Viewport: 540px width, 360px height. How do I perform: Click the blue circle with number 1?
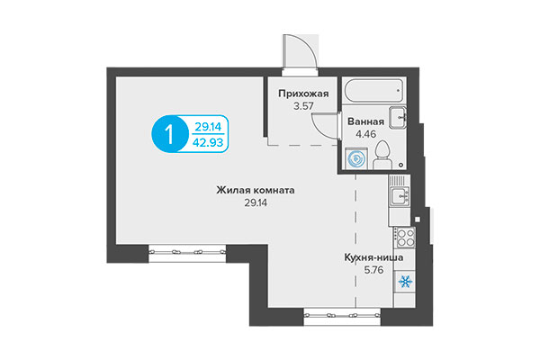coord(168,135)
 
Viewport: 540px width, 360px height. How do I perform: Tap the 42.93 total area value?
coord(209,142)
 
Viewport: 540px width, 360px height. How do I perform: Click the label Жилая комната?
coord(256,190)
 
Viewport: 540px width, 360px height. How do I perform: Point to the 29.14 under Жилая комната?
coord(256,203)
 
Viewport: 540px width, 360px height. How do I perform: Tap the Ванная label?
coord(365,123)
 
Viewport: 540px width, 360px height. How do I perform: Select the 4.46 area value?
coord(365,137)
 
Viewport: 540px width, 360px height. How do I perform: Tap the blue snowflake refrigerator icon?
coord(402,283)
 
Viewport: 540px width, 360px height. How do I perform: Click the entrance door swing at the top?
coord(297,51)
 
